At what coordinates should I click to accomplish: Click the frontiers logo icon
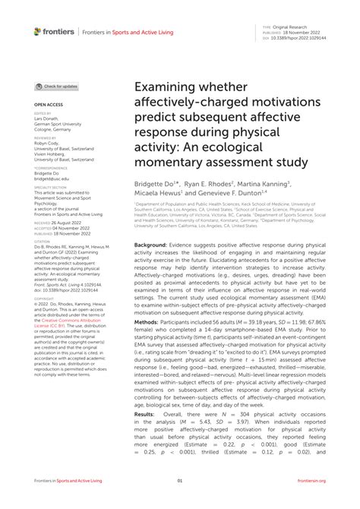(38, 31)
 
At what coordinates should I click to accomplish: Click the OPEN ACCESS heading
(49, 104)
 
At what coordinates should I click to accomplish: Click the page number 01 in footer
(180, 481)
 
